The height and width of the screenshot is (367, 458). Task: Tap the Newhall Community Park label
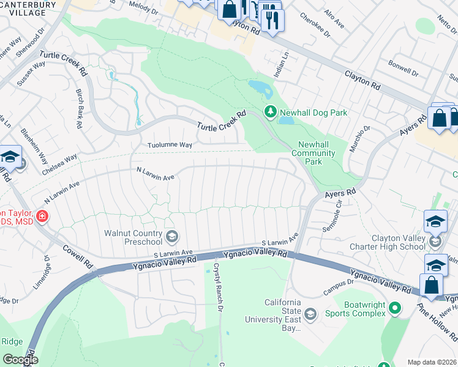[318, 153]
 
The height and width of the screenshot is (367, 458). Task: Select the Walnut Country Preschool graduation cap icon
[173, 236]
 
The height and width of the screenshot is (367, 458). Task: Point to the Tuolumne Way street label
[170, 145]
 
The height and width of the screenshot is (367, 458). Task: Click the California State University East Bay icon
[310, 314]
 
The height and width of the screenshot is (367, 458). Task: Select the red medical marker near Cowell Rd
[41, 217]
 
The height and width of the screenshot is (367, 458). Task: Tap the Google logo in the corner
[20, 360]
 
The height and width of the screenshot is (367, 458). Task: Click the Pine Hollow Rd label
[437, 322]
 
